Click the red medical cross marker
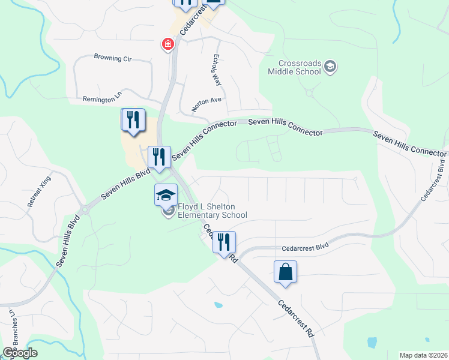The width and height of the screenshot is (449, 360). (168, 44)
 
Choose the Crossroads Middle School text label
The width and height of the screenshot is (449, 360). (300, 67)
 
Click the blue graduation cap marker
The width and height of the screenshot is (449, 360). (166, 194)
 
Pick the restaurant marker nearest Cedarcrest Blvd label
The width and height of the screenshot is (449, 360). (224, 242)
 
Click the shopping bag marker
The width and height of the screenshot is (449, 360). (285, 272)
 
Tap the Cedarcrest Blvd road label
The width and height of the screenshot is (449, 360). (306, 247)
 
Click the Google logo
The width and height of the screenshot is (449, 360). (19, 353)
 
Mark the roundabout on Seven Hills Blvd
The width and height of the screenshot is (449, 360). (85, 210)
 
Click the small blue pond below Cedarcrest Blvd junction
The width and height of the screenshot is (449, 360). (218, 305)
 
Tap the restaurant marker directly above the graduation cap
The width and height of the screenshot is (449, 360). (159, 157)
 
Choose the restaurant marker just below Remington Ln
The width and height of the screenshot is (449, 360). (133, 120)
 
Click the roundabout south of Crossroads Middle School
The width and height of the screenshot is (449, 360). (310, 93)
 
